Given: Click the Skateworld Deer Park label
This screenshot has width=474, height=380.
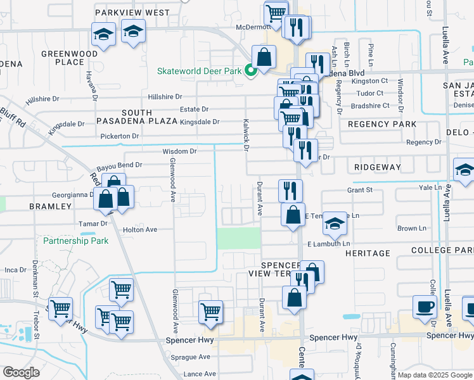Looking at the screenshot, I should pyautogui.click(x=200, y=71).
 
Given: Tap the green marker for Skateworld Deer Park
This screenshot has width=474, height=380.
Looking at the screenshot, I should pyautogui.click(x=251, y=70).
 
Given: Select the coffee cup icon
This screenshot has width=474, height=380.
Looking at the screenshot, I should pyautogui.click(x=425, y=306).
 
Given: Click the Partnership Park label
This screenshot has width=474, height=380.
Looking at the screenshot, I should pyautogui.click(x=75, y=241).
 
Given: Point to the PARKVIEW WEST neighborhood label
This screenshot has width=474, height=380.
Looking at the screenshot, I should pyautogui.click(x=132, y=13).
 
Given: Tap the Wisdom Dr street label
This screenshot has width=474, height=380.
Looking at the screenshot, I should pyautogui.click(x=180, y=151).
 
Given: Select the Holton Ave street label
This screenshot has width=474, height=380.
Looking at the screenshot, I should pyautogui.click(x=139, y=229).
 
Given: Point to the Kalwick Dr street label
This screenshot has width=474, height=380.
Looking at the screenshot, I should pyautogui.click(x=244, y=134).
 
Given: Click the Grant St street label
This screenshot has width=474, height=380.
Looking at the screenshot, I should pyautogui.click(x=359, y=189).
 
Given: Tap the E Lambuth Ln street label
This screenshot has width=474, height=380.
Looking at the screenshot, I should pyautogui.click(x=328, y=243).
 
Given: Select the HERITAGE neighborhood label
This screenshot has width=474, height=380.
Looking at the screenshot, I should pyautogui.click(x=368, y=253).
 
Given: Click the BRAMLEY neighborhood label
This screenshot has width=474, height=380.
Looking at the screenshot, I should pyautogui.click(x=50, y=206).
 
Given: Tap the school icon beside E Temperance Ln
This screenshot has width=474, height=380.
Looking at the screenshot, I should pyautogui.click(x=335, y=223).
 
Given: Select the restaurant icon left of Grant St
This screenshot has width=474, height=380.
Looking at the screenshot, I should pyautogui.click(x=290, y=189).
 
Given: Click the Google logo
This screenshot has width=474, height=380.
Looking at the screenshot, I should pyautogui.click(x=21, y=372).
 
